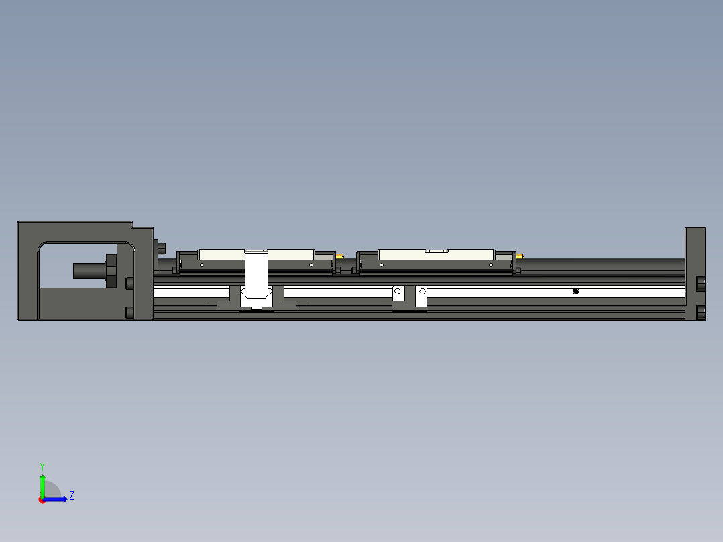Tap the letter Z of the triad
point(72,496)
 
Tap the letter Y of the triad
point(42,466)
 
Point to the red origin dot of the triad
point(42,500)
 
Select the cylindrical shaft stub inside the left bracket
point(87,271)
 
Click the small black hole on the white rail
point(575,291)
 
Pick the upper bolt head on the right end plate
point(701,284)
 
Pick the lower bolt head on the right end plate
point(701,312)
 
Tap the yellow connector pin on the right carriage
point(520,256)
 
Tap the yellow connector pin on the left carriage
point(340,256)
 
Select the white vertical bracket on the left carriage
point(256,274)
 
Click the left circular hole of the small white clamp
point(398,291)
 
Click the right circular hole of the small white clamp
point(423,291)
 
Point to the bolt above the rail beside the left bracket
point(161,248)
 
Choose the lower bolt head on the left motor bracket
point(130,312)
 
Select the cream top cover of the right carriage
point(436,254)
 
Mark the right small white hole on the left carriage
point(311,265)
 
